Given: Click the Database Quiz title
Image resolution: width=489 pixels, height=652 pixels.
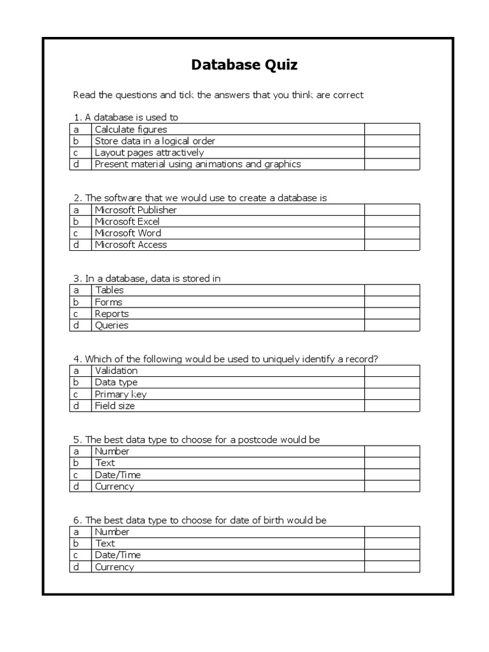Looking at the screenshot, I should (x=244, y=65).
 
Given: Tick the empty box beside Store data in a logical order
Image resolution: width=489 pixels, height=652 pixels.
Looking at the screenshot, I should (x=392, y=141).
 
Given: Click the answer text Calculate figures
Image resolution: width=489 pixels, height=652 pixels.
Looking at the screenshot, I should (x=131, y=130).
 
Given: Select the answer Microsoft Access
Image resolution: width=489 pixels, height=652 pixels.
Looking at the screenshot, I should (x=131, y=244).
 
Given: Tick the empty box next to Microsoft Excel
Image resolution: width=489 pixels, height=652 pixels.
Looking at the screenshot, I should (x=392, y=222).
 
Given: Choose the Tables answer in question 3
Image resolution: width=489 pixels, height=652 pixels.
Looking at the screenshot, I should (x=110, y=290).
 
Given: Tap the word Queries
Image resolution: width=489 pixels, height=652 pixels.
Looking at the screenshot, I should (x=111, y=325).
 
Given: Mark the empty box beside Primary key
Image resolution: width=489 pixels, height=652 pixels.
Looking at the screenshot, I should (x=392, y=394).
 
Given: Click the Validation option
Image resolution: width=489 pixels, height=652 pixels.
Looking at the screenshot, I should (x=116, y=371).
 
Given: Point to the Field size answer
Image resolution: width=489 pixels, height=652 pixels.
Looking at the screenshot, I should (x=115, y=406).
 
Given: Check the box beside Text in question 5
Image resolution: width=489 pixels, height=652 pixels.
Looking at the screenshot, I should (x=392, y=463).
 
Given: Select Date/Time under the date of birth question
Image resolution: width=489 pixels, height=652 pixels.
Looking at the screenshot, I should (x=118, y=555).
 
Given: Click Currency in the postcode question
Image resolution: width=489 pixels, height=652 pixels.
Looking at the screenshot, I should (x=115, y=486).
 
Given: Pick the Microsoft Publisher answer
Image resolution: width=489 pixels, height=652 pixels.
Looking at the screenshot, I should (x=136, y=210).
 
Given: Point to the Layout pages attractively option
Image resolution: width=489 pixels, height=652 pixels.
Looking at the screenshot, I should (x=149, y=153).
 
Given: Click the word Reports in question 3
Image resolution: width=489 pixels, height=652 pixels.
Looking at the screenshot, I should (x=111, y=314).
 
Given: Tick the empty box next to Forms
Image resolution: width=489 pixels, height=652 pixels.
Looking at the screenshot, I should (x=392, y=302).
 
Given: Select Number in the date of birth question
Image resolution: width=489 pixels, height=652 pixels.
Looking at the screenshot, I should (x=112, y=532).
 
